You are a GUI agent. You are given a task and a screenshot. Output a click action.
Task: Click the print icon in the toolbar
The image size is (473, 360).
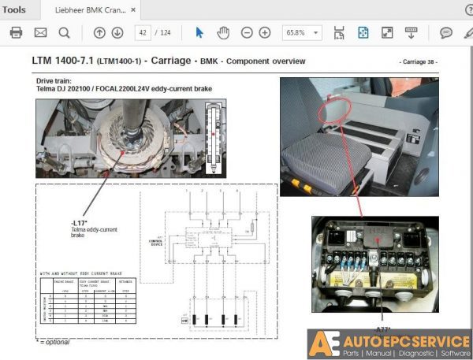point(17,32)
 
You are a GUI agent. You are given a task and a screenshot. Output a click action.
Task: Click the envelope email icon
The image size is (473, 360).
point(40,32)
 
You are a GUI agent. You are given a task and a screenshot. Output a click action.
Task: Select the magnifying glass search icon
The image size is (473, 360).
point(64,32)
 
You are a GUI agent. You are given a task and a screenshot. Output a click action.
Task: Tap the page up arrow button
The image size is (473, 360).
point(99,32)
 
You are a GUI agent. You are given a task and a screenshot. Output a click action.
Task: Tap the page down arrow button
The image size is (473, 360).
point(117,32)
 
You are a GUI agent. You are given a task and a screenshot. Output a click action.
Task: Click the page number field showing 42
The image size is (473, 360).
point(143,32)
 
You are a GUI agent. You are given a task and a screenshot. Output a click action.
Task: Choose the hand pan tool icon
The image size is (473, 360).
point(223,32)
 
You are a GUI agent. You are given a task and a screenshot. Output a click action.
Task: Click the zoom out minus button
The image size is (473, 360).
point(247,32)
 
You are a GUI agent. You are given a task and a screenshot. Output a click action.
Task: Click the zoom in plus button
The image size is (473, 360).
point(265,32)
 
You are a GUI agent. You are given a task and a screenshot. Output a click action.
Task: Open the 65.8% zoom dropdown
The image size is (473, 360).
point(303,32)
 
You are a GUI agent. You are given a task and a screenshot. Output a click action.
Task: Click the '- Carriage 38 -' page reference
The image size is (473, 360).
point(418,61)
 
